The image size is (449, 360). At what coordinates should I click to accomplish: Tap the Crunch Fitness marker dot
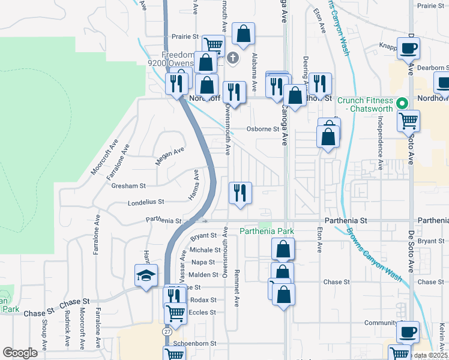404,101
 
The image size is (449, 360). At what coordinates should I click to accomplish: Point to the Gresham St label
128,186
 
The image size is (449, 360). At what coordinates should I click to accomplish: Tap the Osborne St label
264,129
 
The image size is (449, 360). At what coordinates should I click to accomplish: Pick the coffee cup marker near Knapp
409,48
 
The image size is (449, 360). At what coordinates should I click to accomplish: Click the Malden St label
204,275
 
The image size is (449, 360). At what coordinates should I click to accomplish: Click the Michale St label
205,250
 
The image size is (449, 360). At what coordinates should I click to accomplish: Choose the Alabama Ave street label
255,71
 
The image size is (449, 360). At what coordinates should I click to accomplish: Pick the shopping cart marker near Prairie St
213,44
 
